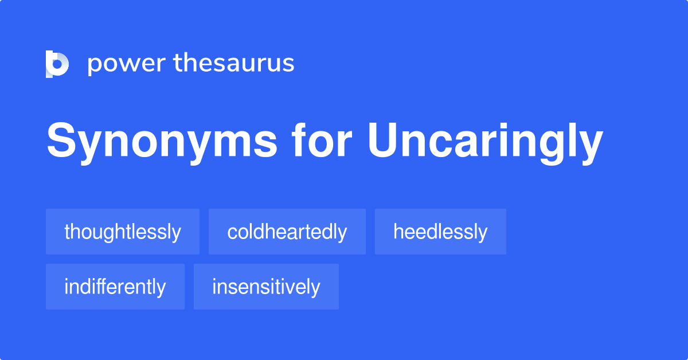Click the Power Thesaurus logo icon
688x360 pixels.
point(57,64)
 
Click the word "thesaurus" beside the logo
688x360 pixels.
point(234,63)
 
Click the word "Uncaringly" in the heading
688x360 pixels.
point(485,142)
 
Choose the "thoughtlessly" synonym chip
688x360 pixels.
point(123,232)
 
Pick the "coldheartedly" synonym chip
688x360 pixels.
point(287,232)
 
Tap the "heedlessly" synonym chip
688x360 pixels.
point(440,232)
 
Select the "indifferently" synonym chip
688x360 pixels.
point(115,287)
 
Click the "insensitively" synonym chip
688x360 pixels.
point(266,287)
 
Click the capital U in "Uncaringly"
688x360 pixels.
point(382,140)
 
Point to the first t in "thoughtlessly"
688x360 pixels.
point(67,232)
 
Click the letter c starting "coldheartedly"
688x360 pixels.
point(231,233)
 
